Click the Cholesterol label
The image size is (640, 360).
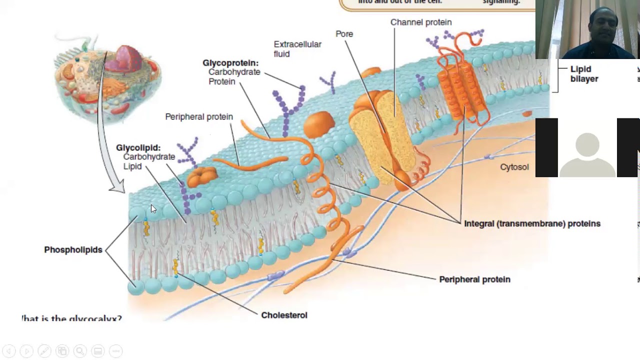tap(284, 315)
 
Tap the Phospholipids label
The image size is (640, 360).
tap(73, 250)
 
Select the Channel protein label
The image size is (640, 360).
tap(420, 22)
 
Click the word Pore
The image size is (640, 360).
tap(344, 34)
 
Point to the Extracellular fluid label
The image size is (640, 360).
tap(297, 49)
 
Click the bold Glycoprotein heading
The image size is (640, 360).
tap(230, 63)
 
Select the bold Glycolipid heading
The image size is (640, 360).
tap(138, 148)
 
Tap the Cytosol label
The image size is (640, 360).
tap(514, 167)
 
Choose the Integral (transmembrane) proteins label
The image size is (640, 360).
tap(532, 224)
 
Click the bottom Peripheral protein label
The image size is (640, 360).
tap(474, 279)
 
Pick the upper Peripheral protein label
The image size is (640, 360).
tap(199, 117)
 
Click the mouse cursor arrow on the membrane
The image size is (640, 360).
tap(152, 208)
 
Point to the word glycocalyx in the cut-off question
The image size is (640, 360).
tap(98, 319)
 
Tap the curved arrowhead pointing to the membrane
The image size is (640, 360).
tap(118, 188)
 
